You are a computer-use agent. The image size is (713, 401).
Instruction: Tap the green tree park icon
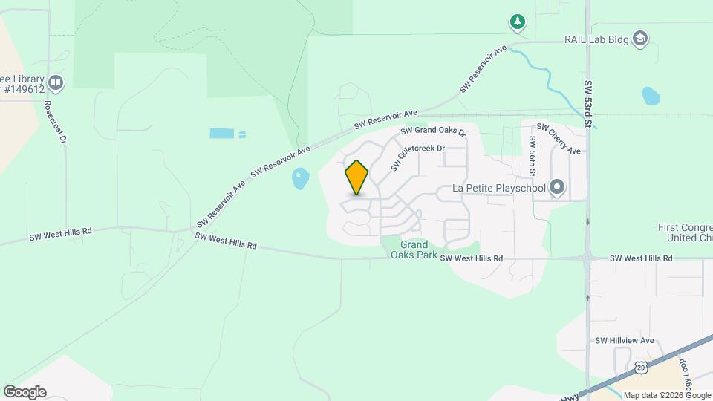[x=518, y=22]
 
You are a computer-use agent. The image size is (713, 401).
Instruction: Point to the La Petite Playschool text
[x=499, y=189]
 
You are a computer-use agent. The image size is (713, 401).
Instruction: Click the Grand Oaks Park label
[x=414, y=250]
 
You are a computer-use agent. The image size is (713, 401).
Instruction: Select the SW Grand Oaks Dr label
[x=432, y=131]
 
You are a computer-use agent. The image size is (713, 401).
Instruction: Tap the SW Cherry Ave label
[x=558, y=139]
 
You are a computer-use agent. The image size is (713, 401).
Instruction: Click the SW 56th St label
[x=533, y=156]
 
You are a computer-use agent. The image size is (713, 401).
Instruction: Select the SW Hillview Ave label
[x=624, y=340]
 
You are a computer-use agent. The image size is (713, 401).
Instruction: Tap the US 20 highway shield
[x=641, y=367]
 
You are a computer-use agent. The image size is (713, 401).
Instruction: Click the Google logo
[x=25, y=392]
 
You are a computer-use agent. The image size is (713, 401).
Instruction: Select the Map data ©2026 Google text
[x=666, y=395]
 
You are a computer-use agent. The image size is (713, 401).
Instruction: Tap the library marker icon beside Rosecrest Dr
[x=55, y=81]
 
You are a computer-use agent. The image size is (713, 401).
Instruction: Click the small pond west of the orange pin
[x=300, y=178]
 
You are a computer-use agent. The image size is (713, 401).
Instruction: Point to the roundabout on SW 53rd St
[x=587, y=259]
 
